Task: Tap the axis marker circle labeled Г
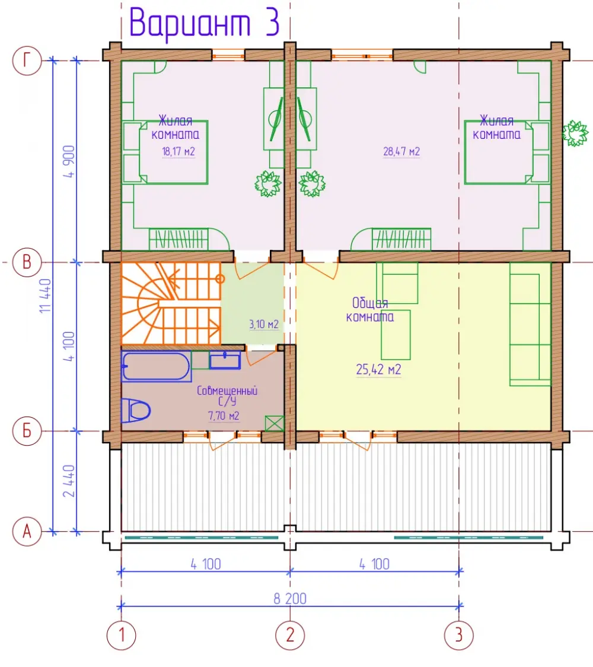click(27, 61)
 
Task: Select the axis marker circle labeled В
click(27, 262)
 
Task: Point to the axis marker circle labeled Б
click(27, 430)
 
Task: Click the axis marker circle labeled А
click(27, 531)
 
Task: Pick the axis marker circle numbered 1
click(121, 636)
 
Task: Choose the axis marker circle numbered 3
click(458, 636)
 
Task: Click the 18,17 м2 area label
click(178, 151)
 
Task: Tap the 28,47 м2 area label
click(401, 151)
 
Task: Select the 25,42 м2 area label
click(378, 369)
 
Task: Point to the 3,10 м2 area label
click(263, 325)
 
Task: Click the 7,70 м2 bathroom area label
click(224, 415)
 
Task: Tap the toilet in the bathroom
click(136, 411)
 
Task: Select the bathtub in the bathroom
click(156, 366)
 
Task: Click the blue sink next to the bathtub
click(225, 360)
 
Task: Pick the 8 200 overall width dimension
click(290, 599)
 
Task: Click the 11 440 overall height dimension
click(45, 296)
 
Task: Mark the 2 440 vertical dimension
click(68, 481)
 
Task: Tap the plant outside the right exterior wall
click(575, 133)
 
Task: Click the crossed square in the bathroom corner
click(274, 424)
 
